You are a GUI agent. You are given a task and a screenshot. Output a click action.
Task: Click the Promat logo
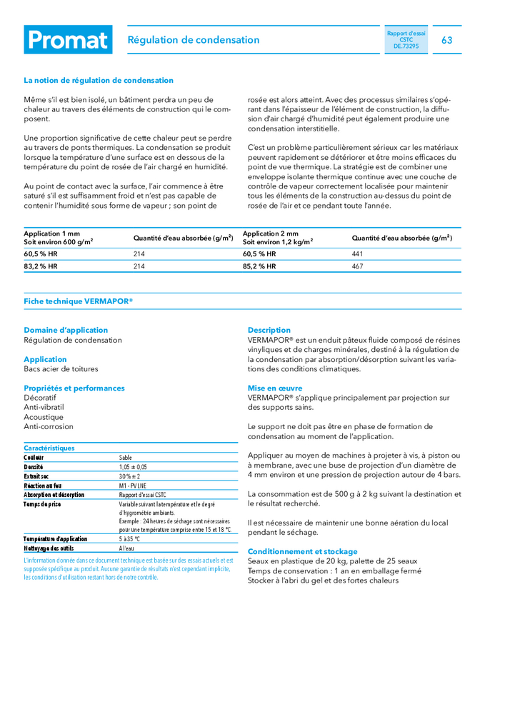point(68,40)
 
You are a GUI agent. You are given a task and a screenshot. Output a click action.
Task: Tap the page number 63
point(446,40)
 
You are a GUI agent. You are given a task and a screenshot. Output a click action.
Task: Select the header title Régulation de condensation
point(193,40)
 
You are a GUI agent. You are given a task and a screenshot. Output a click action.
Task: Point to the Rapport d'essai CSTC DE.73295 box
point(406,39)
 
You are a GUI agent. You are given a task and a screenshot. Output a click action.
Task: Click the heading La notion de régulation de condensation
point(99,81)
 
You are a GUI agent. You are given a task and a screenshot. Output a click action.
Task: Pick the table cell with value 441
point(358,253)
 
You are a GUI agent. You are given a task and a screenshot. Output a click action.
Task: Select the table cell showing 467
point(358,266)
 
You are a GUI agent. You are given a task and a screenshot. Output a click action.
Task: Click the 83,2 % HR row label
point(41,266)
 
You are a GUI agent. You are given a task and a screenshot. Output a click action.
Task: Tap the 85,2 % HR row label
point(259,266)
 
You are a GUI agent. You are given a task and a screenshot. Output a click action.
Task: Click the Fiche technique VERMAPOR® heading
point(78,301)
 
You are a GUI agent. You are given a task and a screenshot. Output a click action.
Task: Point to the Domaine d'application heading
point(66,330)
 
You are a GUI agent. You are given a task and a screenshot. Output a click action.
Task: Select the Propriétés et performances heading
point(74,388)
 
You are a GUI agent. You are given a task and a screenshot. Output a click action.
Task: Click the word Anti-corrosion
point(49,427)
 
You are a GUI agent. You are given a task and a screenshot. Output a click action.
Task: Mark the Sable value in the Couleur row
point(126,458)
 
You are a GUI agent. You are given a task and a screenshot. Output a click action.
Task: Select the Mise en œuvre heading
point(275,388)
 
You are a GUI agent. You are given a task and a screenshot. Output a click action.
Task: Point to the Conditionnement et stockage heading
point(303,552)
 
